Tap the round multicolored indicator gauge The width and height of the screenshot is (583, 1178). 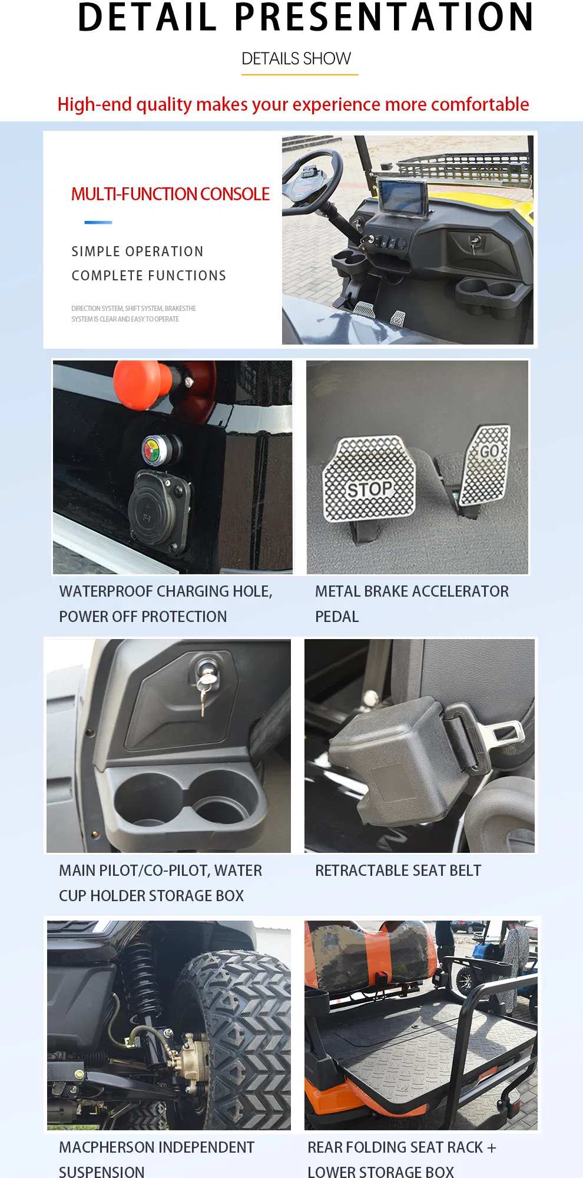[x=154, y=451]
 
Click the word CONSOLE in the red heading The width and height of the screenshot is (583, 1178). [x=235, y=194]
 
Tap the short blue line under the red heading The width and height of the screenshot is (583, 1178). [x=98, y=223]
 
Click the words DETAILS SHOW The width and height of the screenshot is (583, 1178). [x=296, y=59]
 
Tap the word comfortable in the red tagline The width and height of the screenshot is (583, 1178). [x=480, y=104]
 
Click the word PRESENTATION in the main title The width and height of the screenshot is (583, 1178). [x=385, y=17]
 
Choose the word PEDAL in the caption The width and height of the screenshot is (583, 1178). [x=337, y=617]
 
